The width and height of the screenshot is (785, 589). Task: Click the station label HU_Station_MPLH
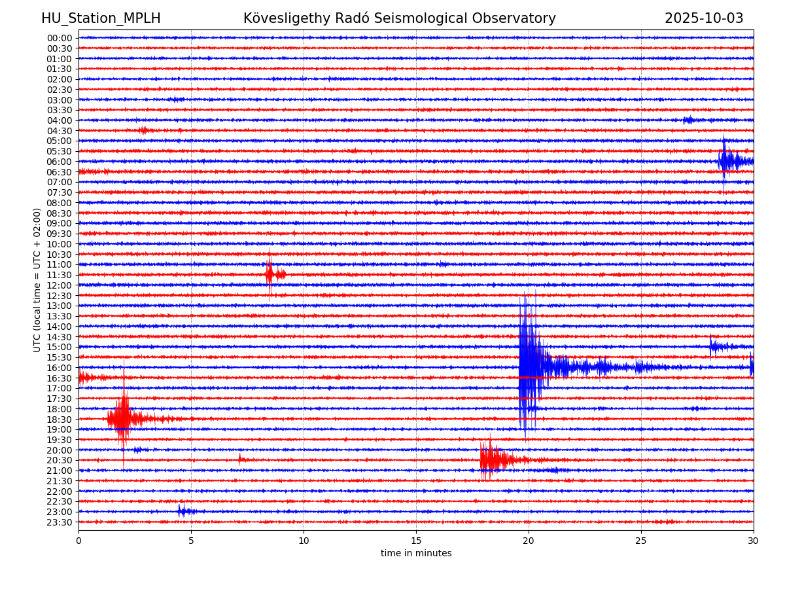(101, 18)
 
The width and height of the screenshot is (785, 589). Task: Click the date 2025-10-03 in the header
(704, 18)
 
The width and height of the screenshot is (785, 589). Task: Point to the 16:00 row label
(60, 368)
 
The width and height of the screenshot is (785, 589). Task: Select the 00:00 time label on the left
(60, 38)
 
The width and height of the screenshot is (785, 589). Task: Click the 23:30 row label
(60, 522)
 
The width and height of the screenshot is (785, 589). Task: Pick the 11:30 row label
(60, 275)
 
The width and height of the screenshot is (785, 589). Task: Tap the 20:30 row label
(60, 460)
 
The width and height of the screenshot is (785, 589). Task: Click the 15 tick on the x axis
(416, 541)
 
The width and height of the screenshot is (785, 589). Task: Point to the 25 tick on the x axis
(641, 541)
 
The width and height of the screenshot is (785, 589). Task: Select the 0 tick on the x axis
(78, 541)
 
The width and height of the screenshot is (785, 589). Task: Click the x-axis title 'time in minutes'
(416, 554)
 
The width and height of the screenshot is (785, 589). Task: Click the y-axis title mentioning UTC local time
(37, 280)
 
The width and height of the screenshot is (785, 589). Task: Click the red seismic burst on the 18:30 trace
(122, 418)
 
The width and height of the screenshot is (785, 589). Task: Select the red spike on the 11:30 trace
(270, 274)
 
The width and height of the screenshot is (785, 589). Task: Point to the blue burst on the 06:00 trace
(726, 160)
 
